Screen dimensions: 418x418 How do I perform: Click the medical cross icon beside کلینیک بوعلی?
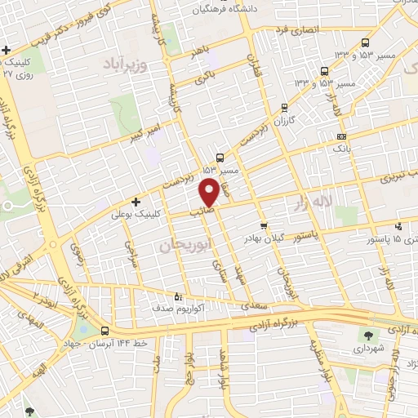click(136, 202)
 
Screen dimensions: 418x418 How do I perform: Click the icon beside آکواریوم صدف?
click(180, 296)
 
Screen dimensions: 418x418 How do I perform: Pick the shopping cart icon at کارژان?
click(284, 107)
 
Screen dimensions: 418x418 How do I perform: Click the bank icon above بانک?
click(341, 136)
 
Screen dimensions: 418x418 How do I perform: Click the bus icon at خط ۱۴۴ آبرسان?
click(104, 331)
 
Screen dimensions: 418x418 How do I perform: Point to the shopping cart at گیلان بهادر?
click(263, 226)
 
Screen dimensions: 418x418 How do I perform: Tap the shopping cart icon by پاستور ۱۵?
click(398, 226)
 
